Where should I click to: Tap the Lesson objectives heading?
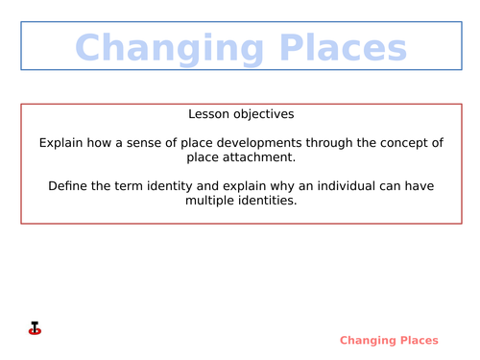[x=241, y=113]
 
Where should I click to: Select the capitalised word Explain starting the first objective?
[x=61, y=143]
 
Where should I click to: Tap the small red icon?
[x=35, y=329]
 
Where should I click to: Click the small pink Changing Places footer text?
[x=389, y=340]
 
